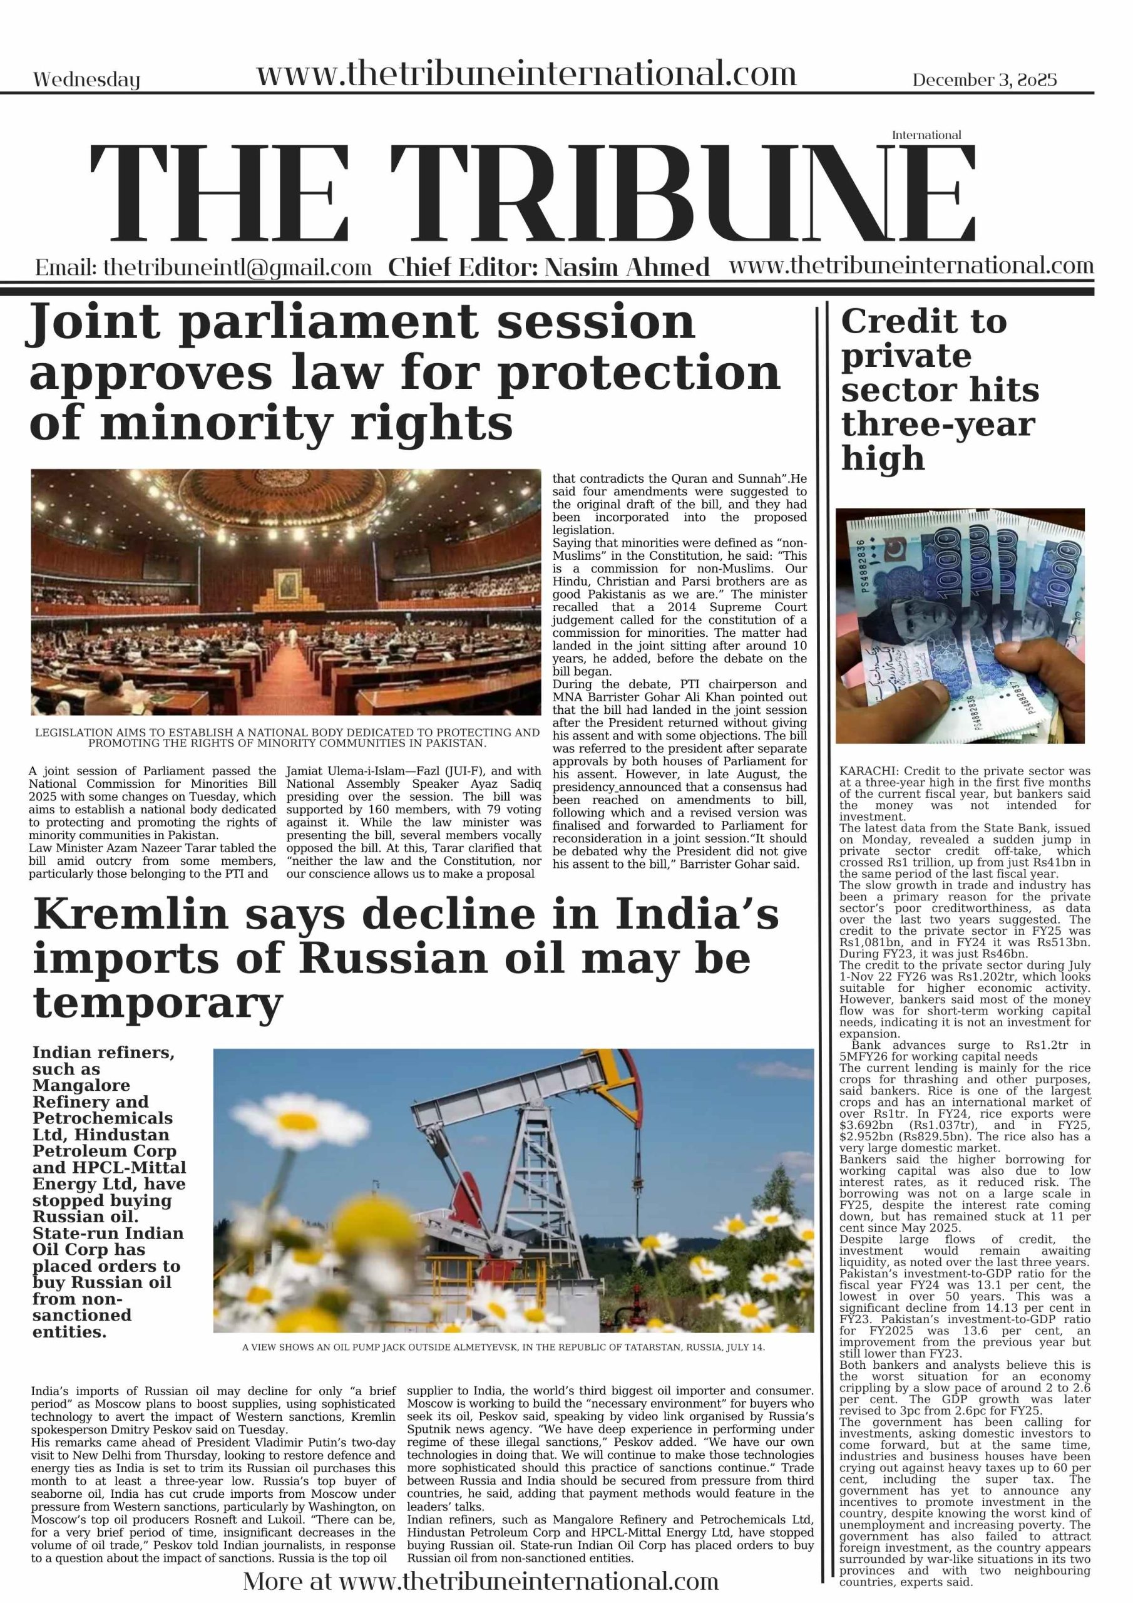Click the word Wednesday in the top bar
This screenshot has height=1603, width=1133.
(x=86, y=80)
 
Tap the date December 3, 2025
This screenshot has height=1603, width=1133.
(x=984, y=80)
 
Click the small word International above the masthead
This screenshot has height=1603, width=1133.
(x=926, y=135)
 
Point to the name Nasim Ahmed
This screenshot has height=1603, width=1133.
(x=626, y=267)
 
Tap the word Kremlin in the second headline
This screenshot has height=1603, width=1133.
(x=131, y=915)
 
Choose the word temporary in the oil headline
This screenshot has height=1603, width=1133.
(x=158, y=1004)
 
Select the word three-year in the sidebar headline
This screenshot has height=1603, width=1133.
(x=938, y=424)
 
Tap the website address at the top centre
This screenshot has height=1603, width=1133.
(x=526, y=74)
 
